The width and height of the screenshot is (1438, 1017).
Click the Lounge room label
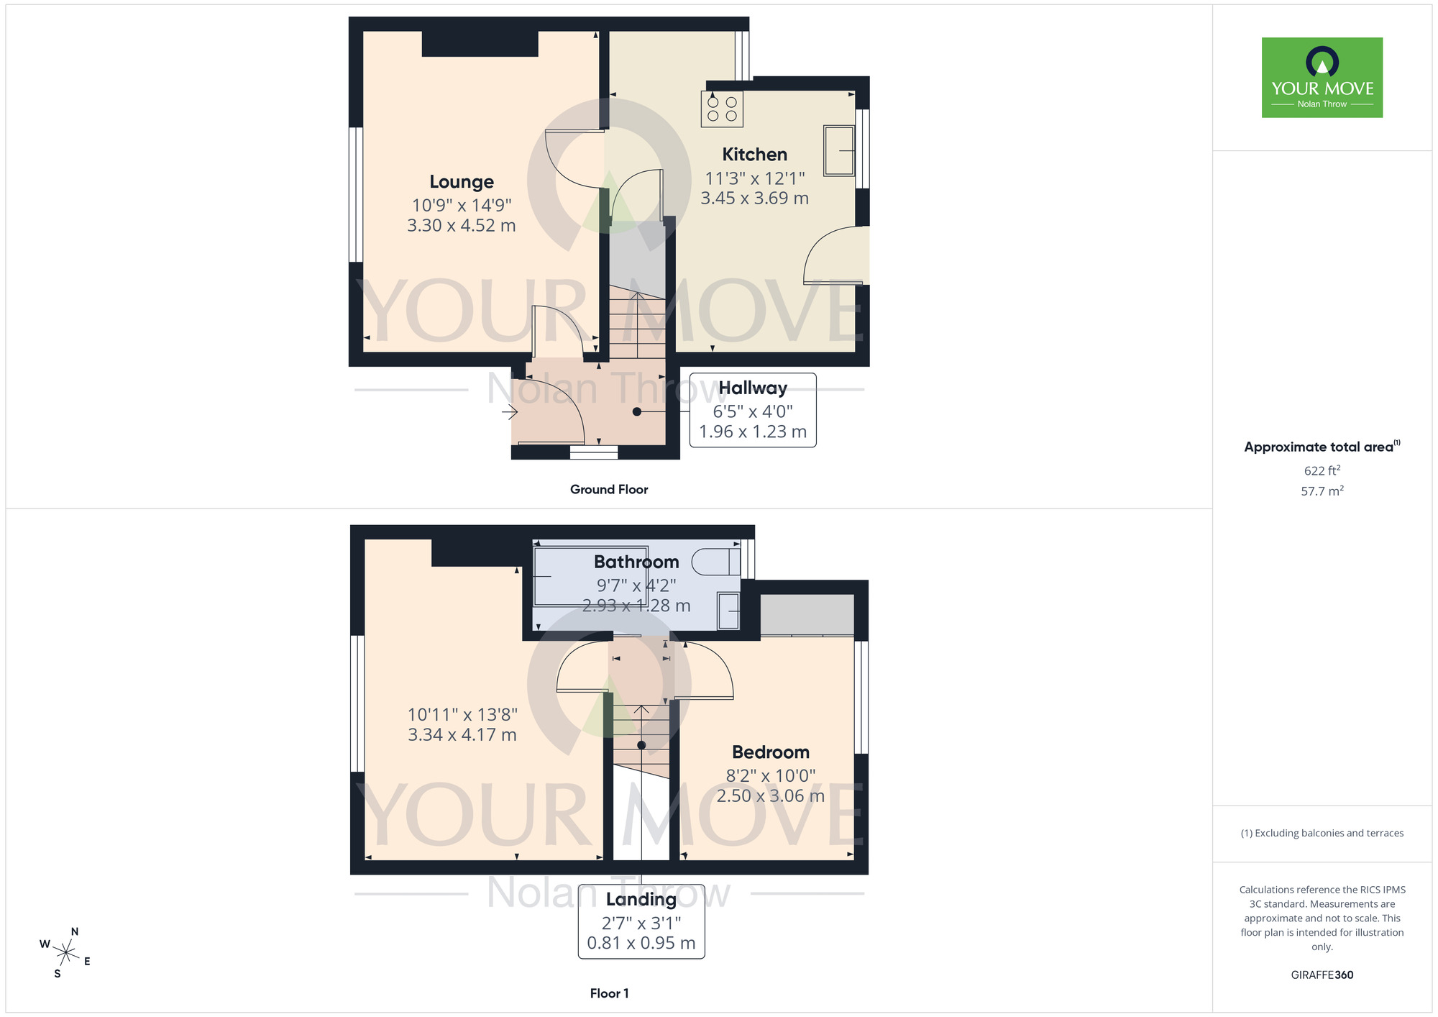462,182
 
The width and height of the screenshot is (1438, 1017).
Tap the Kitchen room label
754,155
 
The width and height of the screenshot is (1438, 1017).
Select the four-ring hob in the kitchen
722,109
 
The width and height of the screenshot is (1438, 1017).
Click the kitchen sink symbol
838,150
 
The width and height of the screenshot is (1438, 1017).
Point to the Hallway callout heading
753,388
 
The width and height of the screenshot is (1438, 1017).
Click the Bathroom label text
636,562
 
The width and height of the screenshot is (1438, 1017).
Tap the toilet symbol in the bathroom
716,562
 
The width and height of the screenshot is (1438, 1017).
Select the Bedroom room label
771,752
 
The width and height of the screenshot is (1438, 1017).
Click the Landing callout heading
641,899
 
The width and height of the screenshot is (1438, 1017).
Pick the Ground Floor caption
609,490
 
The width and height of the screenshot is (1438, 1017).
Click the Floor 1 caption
609,993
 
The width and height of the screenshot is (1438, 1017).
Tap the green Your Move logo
1322,78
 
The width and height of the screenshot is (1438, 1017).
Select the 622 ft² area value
1322,470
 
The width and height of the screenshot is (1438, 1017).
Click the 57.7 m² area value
1322,491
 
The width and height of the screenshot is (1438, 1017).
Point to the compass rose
65,954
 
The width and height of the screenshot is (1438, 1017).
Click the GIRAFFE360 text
1322,975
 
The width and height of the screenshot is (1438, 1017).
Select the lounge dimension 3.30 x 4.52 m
462,226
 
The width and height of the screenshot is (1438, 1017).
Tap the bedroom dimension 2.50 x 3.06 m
771,796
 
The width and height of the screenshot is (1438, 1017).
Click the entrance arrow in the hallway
510,412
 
